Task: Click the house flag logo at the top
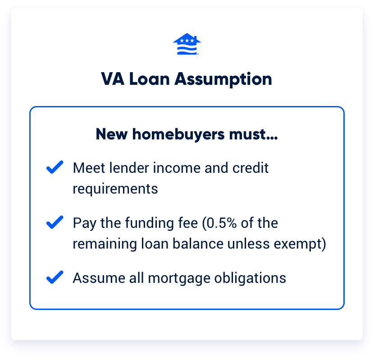(187, 44)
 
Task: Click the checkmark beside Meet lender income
(55, 168)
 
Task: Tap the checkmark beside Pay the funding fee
(55, 223)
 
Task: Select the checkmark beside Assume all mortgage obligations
(55, 278)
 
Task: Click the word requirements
(115, 188)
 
